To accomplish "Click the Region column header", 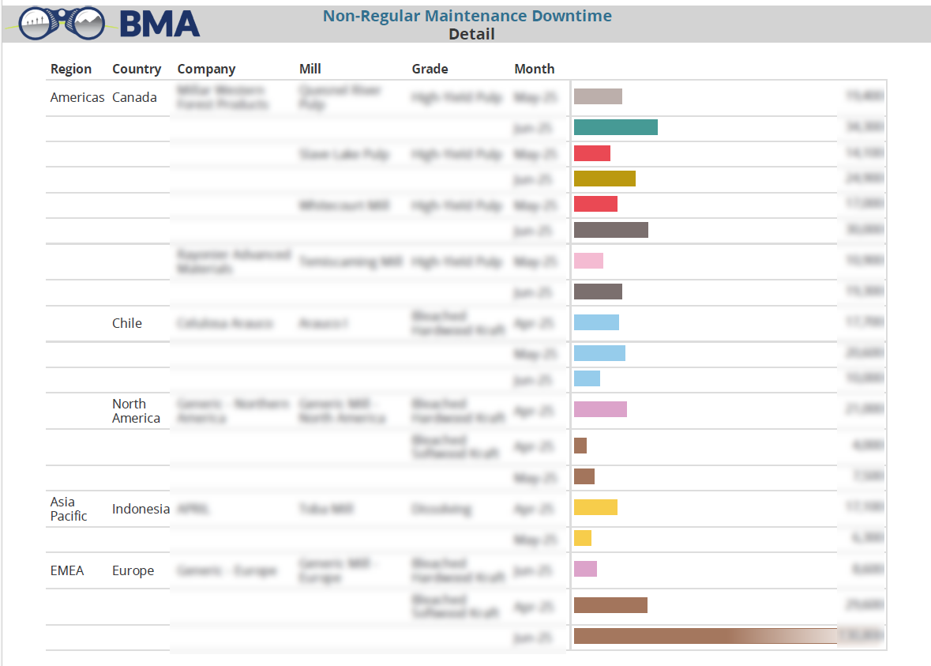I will [71, 69].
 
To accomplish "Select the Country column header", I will [137, 69].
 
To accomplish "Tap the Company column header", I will [206, 69].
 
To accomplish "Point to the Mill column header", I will [310, 69].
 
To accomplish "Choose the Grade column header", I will [430, 69].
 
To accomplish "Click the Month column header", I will [535, 69].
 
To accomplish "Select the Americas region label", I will [77, 97].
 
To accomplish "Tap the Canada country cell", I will [134, 97].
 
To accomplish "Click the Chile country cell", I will [127, 323].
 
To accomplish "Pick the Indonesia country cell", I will [141, 509].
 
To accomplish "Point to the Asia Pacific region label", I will [69, 509].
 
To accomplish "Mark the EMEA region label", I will [67, 570].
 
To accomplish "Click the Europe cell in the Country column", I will [133, 570].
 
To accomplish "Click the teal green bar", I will [615, 127].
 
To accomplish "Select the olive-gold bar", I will [604, 179].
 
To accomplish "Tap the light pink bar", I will [588, 261].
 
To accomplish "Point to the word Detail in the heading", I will [471, 34].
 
